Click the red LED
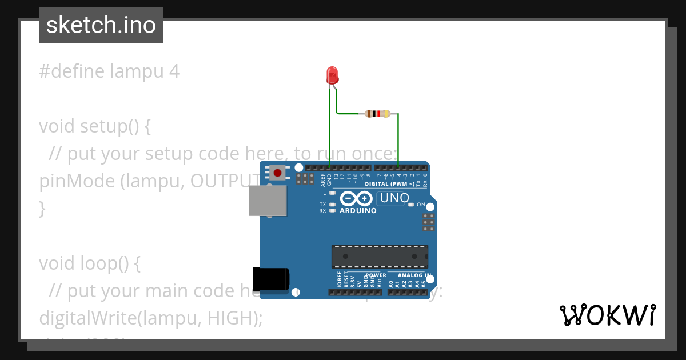pyautogui.click(x=332, y=75)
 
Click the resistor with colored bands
pyautogui.click(x=377, y=114)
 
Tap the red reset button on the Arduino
pyautogui.click(x=278, y=172)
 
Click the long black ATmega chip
pyautogui.click(x=380, y=256)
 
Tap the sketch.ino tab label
pyautogui.click(x=101, y=25)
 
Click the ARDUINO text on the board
pyautogui.click(x=358, y=211)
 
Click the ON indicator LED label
pyautogui.click(x=421, y=205)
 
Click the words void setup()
pyautogui.click(x=95, y=126)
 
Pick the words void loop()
pyautogui.click(x=89, y=263)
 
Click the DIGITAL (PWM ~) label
pyautogui.click(x=389, y=184)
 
